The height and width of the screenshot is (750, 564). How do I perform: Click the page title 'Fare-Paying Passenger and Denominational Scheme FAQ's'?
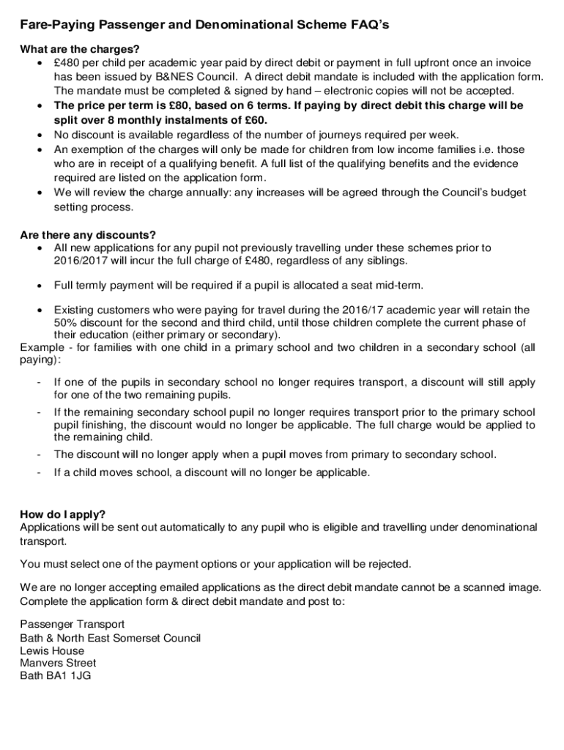click(204, 26)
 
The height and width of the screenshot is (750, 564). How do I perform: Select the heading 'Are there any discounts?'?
click(88, 235)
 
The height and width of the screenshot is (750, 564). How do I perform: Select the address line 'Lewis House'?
click(52, 650)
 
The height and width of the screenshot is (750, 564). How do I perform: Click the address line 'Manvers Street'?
click(58, 664)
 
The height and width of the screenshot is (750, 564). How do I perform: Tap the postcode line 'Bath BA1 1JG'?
click(56, 677)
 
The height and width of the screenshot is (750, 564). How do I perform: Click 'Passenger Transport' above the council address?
click(73, 624)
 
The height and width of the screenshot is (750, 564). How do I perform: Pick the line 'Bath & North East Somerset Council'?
click(111, 637)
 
